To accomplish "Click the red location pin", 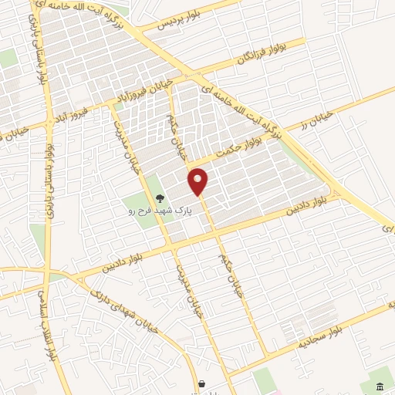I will pos(199,182).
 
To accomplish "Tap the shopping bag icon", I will pos(201,383).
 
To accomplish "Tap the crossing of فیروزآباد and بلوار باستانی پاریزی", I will pos(48,116).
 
